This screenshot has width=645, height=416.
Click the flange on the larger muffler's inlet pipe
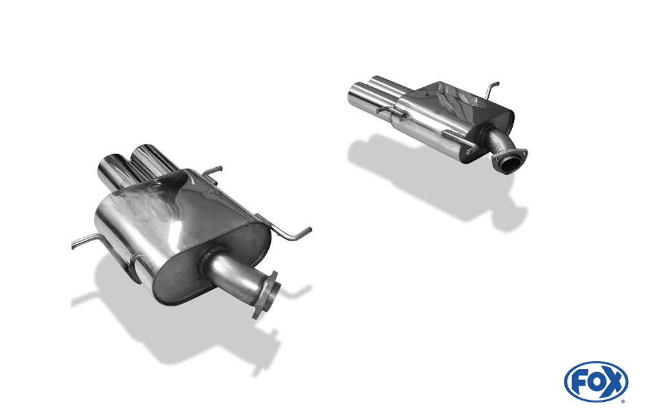pos(268,294)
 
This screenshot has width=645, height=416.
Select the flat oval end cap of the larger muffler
pos(212,263)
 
